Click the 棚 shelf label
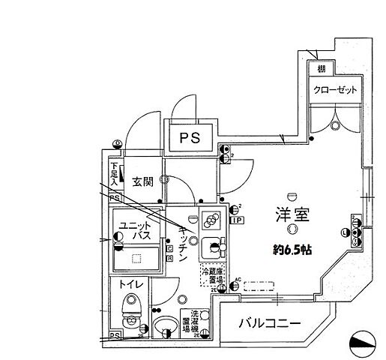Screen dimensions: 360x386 point(321,69)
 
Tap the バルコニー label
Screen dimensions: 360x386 point(270,324)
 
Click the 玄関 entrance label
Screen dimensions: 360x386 point(143,181)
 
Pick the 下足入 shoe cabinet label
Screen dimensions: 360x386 point(115,174)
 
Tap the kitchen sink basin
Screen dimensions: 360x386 point(213,247)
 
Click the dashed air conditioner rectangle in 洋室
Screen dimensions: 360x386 point(258,285)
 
